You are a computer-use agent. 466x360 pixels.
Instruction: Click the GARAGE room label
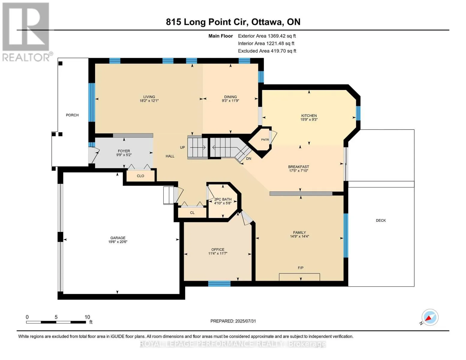[118, 238]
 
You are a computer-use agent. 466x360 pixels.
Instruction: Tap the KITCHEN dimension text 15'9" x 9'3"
[309, 120]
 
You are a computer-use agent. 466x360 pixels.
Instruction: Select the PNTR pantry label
[265, 139]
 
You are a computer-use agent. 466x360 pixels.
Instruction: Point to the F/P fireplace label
[300, 268]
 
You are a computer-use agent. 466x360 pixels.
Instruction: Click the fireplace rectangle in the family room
[299, 277]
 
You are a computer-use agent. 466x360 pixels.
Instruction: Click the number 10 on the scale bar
[87, 317]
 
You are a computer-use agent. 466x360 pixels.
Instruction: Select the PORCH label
[72, 115]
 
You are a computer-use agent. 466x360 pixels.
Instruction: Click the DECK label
[381, 220]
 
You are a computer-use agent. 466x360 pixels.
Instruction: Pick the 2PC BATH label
[223, 199]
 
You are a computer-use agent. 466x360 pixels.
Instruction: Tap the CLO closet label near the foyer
[140, 176]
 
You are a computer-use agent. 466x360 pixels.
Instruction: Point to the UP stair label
[182, 147]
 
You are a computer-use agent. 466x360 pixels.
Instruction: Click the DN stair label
[248, 158]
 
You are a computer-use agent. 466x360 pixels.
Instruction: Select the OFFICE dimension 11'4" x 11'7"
[218, 253]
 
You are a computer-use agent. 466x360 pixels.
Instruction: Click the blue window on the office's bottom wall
[219, 284]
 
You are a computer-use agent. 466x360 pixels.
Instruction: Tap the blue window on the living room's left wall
[92, 102]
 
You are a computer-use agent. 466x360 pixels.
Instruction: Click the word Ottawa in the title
[266, 22]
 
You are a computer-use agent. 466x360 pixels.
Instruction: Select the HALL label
[170, 156]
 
